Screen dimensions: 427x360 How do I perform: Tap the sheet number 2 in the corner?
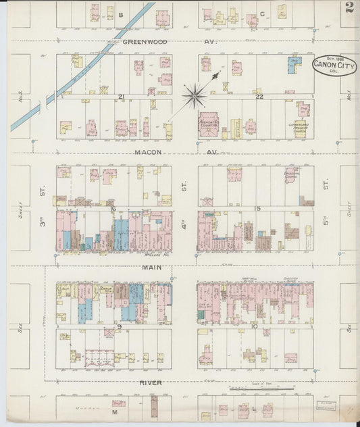tap(349, 9)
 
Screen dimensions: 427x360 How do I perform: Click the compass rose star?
tap(194, 95)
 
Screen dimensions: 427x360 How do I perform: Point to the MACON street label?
tap(147, 152)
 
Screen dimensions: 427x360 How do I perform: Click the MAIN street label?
tap(151, 268)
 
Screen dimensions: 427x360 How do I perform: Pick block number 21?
tap(121, 97)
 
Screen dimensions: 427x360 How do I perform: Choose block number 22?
tap(259, 97)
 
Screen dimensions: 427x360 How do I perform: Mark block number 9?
tap(119, 326)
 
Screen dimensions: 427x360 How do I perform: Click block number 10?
tap(255, 326)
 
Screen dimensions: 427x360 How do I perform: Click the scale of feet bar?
tap(261, 390)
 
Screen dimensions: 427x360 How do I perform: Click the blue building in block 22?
tap(294, 65)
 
